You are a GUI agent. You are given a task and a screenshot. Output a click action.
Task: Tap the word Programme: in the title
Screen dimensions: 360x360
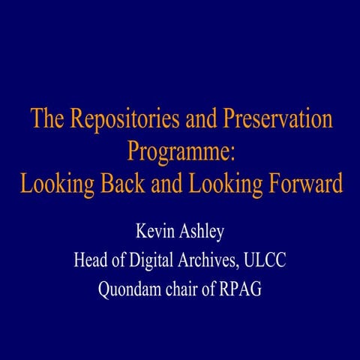pyautogui.click(x=181, y=151)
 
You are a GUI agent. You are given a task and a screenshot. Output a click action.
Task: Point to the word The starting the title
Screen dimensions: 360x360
pyautogui.click(x=46, y=120)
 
